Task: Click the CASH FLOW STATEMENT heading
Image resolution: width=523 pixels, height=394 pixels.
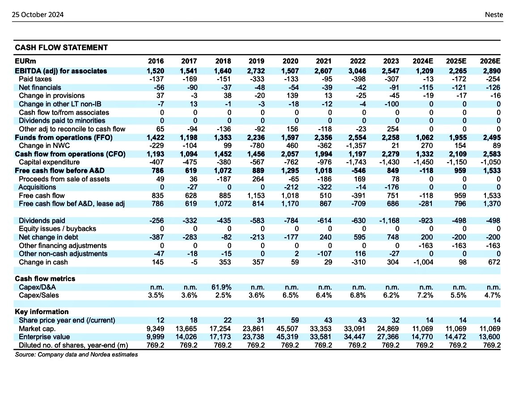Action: (61, 47)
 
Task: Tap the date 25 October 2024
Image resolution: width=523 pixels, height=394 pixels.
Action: (38, 14)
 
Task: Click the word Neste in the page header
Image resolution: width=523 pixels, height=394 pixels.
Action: (494, 14)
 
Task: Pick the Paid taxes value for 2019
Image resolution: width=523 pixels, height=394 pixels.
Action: (256, 79)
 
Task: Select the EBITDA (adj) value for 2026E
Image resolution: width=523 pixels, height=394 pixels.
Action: (491, 71)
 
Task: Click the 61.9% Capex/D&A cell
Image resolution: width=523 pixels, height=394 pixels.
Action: (223, 287)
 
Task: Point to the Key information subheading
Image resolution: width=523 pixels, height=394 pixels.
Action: (42, 311)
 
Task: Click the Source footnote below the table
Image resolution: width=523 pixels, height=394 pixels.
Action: (76, 355)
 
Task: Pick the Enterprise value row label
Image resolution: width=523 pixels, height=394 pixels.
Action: (44, 337)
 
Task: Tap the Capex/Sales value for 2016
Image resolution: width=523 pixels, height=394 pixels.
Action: (156, 295)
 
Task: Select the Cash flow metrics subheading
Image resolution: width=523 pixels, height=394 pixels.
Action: (45, 278)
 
